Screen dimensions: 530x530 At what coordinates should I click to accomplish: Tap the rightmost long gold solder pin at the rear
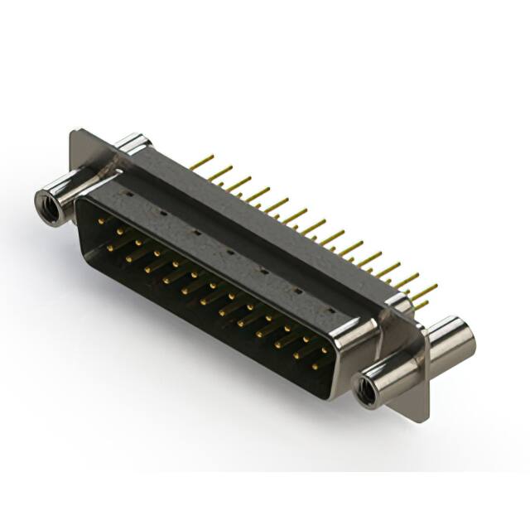point(424,291)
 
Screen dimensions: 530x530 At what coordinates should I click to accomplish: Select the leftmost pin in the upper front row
point(101,221)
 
